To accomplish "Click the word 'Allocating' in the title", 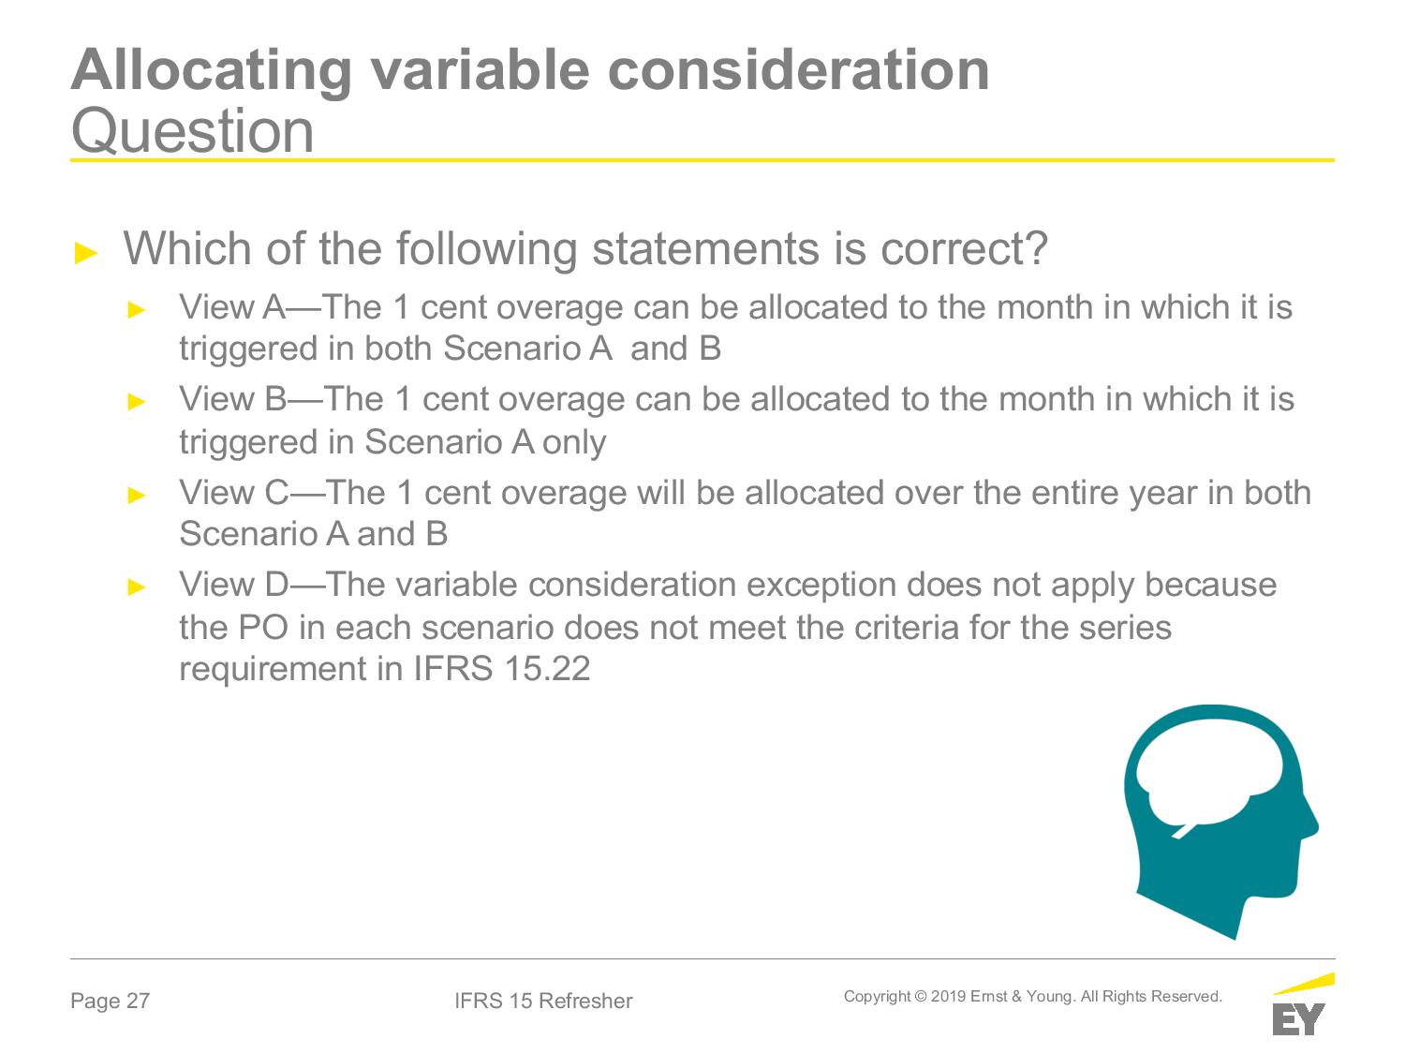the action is [212, 71].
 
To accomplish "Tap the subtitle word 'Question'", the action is [193, 131].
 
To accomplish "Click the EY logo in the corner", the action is [1303, 1004].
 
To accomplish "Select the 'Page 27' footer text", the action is [111, 1001].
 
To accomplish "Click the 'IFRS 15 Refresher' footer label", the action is [543, 1001].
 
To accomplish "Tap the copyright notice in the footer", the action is [1032, 997].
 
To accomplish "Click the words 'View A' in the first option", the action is [232, 307].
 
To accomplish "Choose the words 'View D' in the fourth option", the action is [234, 585].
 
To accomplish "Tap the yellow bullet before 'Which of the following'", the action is [86, 253].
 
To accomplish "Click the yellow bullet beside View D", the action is [137, 586].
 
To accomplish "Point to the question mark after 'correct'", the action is [1035, 248].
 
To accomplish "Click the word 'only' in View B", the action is [574, 443].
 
